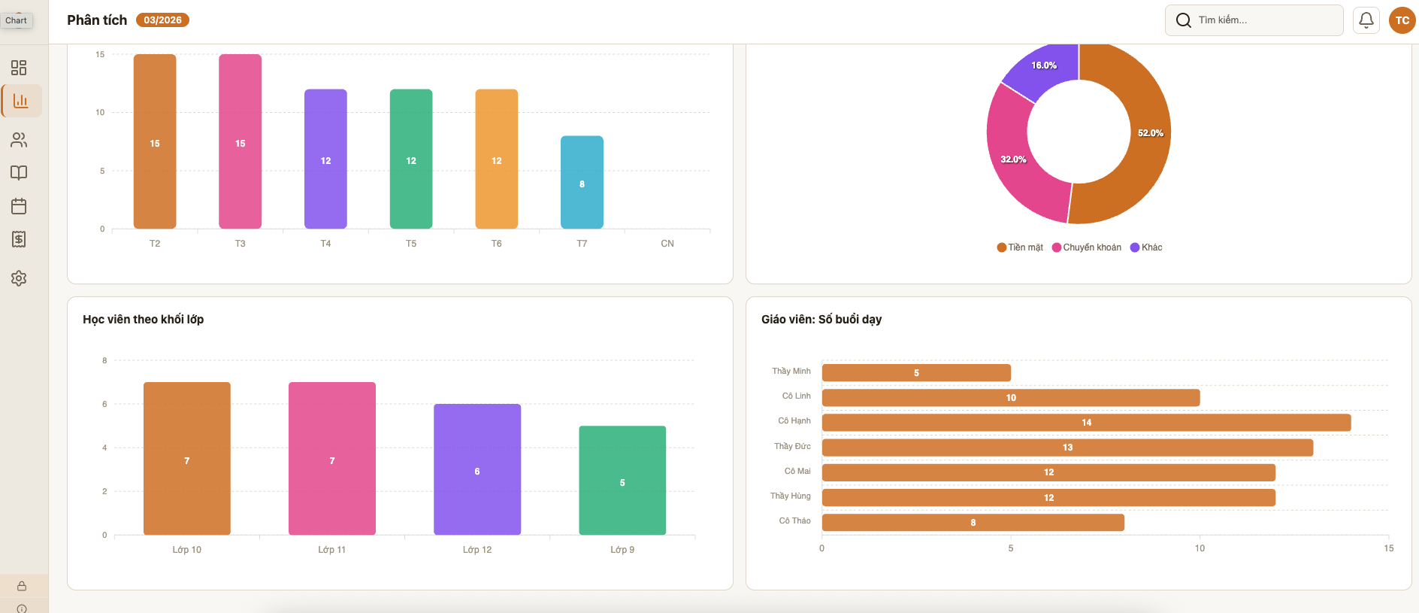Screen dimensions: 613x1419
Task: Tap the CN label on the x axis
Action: [x=667, y=244]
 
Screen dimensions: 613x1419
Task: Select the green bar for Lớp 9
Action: [x=622, y=481]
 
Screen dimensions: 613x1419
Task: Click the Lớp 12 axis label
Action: [x=477, y=550]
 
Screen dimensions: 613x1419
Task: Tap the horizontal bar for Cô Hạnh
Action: [x=1086, y=423]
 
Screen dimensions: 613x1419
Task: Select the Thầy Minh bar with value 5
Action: [x=916, y=373]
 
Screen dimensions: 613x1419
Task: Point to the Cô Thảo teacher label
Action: [x=794, y=520]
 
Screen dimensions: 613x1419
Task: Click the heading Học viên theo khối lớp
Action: [x=143, y=320]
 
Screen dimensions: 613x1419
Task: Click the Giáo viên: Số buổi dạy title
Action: [x=821, y=320]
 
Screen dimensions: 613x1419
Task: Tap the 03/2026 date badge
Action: [x=162, y=20]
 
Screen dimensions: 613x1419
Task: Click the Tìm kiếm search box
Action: [x=1254, y=20]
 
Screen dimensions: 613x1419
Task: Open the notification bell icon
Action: [x=1366, y=20]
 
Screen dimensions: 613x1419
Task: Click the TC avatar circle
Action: [x=1402, y=20]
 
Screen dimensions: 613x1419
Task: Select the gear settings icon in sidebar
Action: [x=19, y=278]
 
